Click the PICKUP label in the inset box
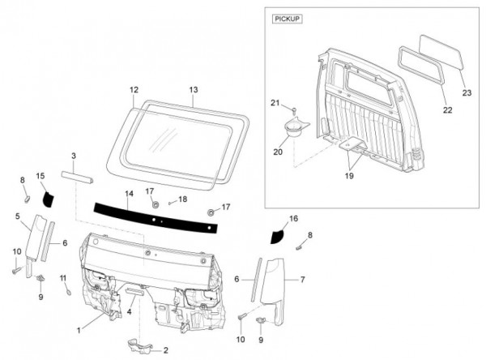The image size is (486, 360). point(288,19)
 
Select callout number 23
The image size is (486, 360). point(467,92)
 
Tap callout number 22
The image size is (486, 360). point(447,109)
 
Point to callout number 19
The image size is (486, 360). point(349,176)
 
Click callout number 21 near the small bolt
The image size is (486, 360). point(275,102)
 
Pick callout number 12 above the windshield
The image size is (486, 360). point(134,90)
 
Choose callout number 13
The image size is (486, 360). point(194,90)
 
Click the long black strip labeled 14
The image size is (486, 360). point(156,217)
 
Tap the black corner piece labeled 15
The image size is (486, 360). point(48,199)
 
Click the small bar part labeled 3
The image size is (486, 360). point(78,177)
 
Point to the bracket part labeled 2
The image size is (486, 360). point(140,347)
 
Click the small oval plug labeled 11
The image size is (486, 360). point(69,292)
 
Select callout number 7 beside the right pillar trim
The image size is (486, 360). point(302,279)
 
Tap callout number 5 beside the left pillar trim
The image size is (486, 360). point(18,216)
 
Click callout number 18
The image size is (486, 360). point(183,199)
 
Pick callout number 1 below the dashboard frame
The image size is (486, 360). point(79,331)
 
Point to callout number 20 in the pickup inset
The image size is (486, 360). point(278,152)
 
